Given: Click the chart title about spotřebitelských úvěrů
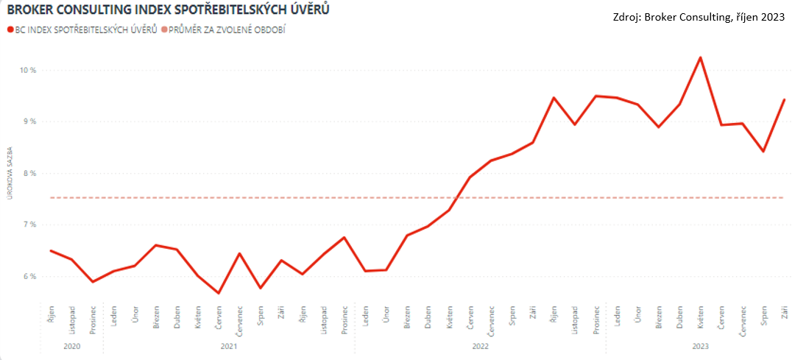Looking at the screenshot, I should [167, 10].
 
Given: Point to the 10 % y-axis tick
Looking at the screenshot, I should [28, 70].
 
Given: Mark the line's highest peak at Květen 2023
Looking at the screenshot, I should [700, 57].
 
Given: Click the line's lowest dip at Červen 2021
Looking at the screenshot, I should [219, 293].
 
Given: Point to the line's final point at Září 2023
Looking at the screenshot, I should [784, 99].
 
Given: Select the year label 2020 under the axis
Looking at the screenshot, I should [71, 345].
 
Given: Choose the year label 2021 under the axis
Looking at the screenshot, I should [229, 345].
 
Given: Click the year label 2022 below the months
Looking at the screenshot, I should [481, 345].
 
